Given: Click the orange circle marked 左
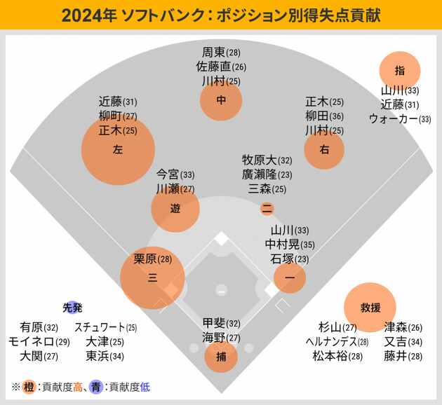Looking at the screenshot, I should [117, 149].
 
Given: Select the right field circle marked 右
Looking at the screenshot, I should [324, 149].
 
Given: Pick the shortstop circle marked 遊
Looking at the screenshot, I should [175, 208].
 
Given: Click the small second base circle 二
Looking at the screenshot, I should [267, 208].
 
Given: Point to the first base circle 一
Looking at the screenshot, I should [289, 277].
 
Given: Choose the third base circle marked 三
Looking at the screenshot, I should [152, 277].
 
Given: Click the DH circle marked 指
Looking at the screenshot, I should [400, 70].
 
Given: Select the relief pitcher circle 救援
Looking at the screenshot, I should [370, 307].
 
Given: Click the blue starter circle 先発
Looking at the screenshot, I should [72, 307].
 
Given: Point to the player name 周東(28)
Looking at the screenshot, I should [221, 53].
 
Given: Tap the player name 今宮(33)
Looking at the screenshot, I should [175, 174].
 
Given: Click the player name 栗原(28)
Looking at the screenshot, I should [152, 259].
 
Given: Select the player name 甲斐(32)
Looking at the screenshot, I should [221, 323].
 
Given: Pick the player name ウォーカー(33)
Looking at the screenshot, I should [400, 119].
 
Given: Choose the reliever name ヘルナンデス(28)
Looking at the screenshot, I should [337, 342].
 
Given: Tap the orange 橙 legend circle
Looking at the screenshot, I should [29, 386].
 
